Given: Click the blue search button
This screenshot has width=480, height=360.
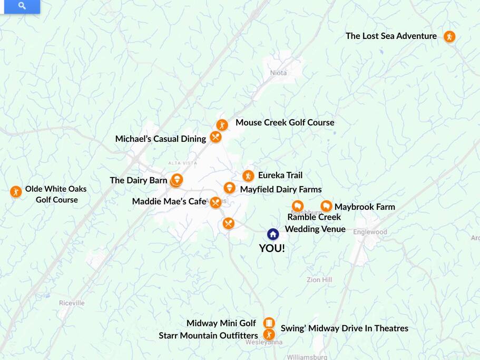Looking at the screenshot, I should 22,6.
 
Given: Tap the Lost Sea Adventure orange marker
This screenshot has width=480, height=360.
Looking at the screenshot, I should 449,36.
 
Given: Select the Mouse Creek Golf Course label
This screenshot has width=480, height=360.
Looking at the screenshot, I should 285,122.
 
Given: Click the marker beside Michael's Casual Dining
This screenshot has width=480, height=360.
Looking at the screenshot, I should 215,137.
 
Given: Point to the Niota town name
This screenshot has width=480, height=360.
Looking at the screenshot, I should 278,73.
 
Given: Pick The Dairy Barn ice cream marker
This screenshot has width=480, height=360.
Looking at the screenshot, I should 177,180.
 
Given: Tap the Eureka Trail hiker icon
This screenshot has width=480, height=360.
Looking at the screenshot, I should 248,176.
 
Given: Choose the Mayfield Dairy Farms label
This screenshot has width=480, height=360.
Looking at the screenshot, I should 280,189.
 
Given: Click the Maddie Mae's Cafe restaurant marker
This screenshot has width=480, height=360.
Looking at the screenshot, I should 215,202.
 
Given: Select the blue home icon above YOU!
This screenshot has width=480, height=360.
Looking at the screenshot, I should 272,234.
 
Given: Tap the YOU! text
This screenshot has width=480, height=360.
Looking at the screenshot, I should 272,248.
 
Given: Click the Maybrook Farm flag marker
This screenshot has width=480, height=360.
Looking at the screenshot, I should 326,206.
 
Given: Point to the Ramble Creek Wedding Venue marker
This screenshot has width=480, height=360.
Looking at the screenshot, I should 298,206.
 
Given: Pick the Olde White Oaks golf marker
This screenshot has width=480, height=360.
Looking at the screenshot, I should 16,191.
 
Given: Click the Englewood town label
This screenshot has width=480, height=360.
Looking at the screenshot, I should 370,232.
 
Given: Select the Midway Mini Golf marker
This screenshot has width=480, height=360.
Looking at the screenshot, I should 269,323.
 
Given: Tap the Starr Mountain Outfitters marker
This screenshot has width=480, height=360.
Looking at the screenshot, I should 269,335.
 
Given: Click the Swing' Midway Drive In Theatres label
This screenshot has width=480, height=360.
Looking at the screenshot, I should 344,328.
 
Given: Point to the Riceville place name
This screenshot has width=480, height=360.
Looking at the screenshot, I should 72,303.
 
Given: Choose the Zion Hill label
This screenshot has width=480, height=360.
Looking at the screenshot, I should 319,280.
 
